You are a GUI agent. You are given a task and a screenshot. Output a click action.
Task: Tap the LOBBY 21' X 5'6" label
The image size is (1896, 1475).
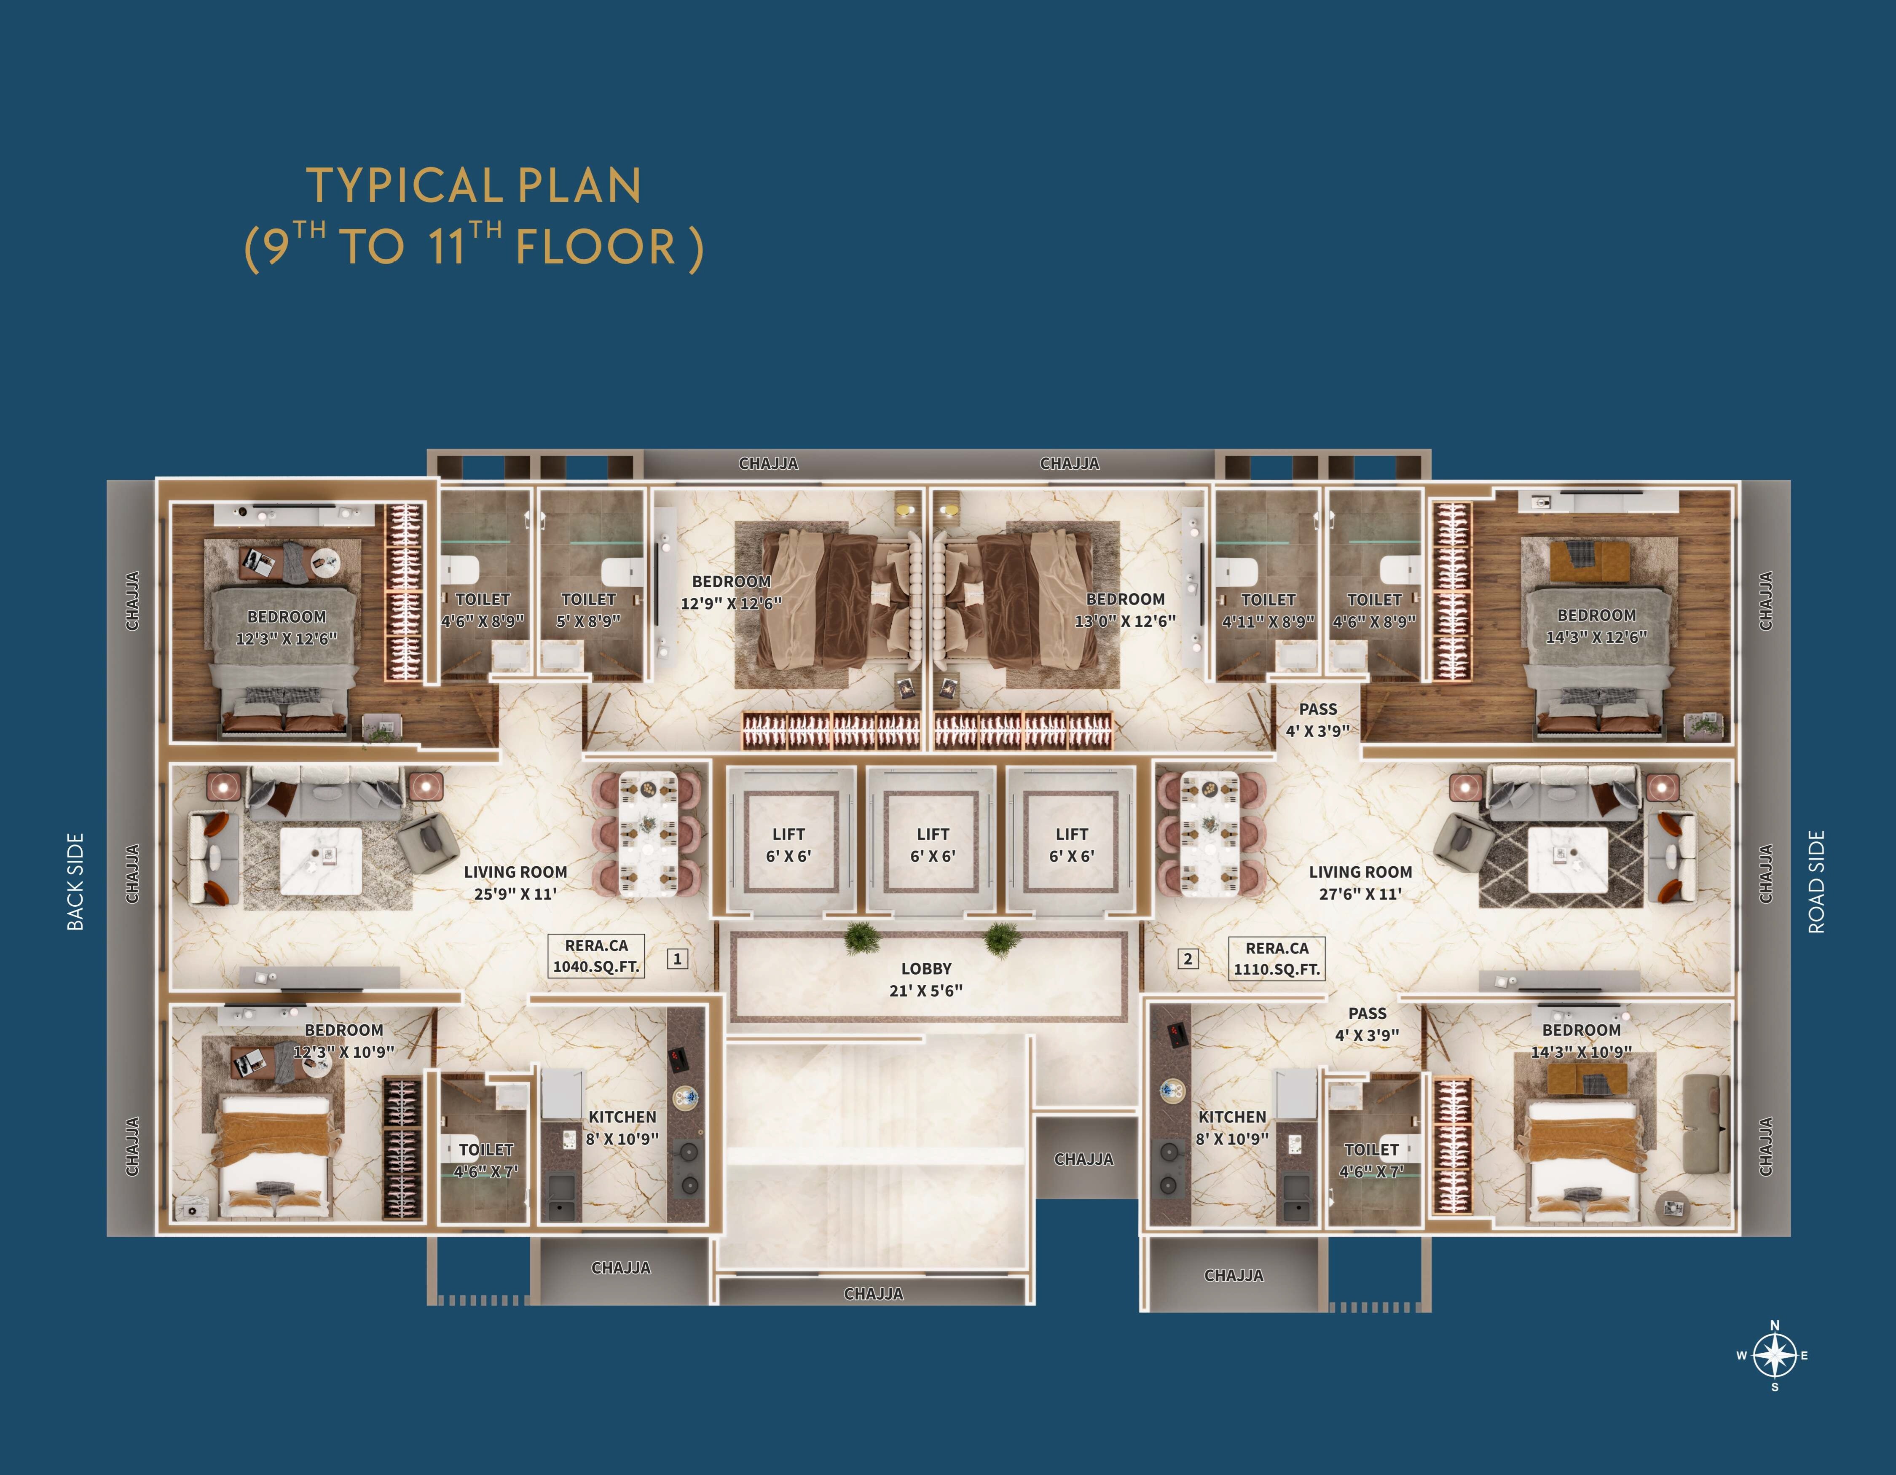pos(926,979)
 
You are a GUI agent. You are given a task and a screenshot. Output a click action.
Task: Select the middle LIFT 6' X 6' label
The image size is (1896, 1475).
pos(933,845)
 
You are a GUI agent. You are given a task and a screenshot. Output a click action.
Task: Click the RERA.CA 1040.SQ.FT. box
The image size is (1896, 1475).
pos(596,956)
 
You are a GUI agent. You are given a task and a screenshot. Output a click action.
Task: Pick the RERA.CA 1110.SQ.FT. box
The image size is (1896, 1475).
pos(1277,959)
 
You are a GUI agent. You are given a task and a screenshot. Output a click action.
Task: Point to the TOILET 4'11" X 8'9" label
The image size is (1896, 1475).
pos(1268,610)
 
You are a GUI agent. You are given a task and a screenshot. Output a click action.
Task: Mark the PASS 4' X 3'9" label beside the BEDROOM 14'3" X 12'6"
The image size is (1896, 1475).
pos(1318,720)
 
